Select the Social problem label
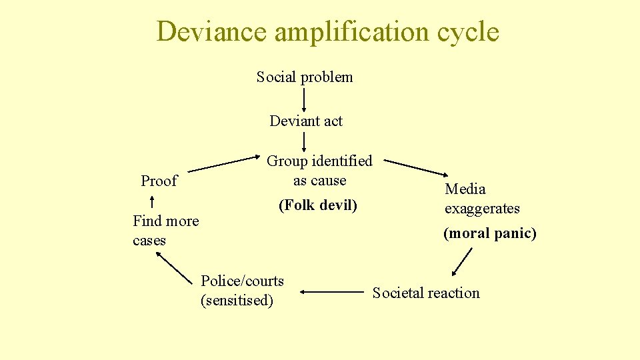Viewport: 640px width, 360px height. tap(305, 77)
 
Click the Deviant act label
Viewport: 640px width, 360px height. tap(306, 121)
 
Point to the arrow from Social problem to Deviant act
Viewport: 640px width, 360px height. tap(305, 99)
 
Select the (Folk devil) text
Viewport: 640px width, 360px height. tap(317, 205)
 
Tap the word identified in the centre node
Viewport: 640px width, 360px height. tap(342, 161)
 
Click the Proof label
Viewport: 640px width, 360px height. tap(159, 181)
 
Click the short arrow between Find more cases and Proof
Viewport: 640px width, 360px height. tap(152, 201)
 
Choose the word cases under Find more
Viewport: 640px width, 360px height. tap(149, 241)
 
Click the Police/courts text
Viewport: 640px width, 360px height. tap(242, 281)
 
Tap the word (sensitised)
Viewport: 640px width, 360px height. tap(237, 301)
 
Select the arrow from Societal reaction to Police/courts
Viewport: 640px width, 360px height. tap(331, 291)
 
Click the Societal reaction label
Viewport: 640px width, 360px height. tap(426, 293)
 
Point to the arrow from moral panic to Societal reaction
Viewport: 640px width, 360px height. tap(462, 261)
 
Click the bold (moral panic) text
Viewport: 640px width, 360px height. tap(490, 233)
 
